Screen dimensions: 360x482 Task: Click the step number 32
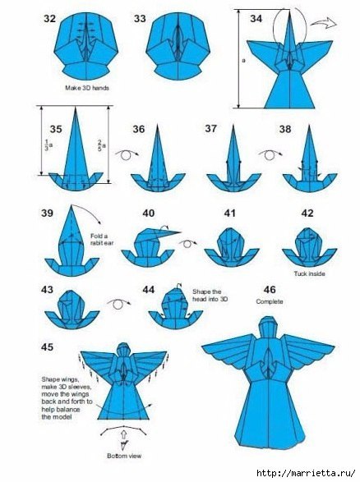click(x=49, y=19)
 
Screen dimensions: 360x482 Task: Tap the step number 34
click(x=256, y=19)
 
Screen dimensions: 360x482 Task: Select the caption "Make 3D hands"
click(x=87, y=88)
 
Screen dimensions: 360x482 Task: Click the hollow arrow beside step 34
click(x=323, y=23)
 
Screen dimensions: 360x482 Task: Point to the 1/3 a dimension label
click(x=47, y=145)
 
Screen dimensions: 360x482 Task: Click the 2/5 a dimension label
click(x=102, y=145)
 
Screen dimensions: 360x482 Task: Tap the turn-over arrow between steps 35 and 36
click(x=127, y=154)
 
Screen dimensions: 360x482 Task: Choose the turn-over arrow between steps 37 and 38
click(x=270, y=154)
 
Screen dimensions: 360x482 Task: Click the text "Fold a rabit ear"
click(x=102, y=240)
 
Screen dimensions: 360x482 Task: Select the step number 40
click(x=148, y=213)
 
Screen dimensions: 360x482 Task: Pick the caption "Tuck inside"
click(x=309, y=273)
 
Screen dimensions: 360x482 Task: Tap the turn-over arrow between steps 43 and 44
click(x=118, y=304)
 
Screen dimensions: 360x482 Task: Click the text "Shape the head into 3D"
click(x=210, y=295)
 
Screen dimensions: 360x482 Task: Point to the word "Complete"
click(x=270, y=301)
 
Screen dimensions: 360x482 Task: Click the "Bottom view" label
click(x=124, y=456)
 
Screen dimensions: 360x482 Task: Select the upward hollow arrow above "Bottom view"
click(x=123, y=436)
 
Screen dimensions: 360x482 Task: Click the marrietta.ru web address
click(x=307, y=473)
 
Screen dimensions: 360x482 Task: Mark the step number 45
click(x=47, y=347)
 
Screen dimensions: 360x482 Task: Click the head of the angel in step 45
click(x=123, y=350)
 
